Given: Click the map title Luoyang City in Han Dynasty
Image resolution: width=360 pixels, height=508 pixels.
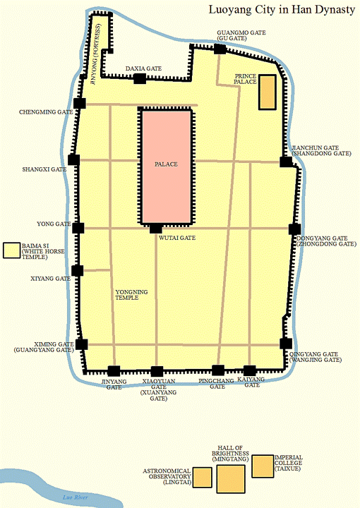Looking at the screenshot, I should [x=281, y=11].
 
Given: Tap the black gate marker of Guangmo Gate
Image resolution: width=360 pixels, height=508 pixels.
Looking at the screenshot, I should [x=220, y=49].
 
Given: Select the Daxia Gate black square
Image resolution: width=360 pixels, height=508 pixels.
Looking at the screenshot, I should [x=140, y=78].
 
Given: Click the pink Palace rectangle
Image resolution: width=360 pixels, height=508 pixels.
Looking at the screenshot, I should [x=166, y=166].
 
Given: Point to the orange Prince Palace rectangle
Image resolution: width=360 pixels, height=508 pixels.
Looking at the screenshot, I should [x=267, y=92].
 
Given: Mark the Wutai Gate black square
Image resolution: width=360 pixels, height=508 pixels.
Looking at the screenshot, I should [x=155, y=228].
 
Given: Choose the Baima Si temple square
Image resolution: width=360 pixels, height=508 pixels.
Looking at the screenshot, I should [x=11, y=250].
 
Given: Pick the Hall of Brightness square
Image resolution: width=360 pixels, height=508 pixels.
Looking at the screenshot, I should [x=230, y=478].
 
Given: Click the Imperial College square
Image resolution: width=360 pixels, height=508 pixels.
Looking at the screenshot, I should [x=262, y=465].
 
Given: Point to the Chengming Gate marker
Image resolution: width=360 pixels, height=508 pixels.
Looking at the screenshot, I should [x=79, y=104].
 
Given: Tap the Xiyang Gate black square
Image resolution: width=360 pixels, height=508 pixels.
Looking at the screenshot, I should [x=77, y=270].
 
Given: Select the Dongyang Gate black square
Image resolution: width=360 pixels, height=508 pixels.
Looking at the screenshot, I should [x=294, y=229].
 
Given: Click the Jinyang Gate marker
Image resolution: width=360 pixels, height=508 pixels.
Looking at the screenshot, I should [x=113, y=371].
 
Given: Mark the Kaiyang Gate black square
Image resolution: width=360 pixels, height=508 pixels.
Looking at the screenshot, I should [x=249, y=370].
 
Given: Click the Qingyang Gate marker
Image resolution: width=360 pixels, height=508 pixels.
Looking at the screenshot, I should [x=286, y=344].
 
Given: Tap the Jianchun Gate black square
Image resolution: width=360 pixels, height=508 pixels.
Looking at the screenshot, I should [x=285, y=162].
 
